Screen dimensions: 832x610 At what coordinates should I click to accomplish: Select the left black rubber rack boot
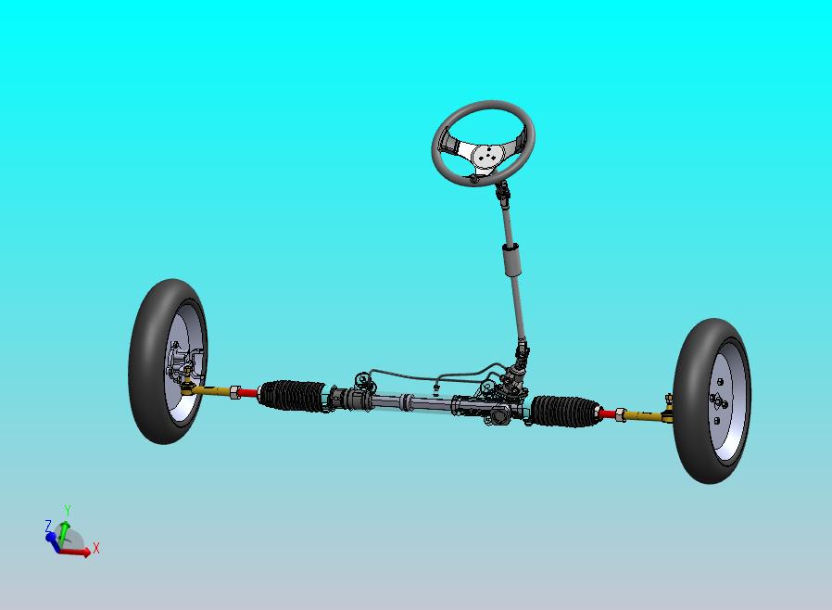pyautogui.click(x=292, y=396)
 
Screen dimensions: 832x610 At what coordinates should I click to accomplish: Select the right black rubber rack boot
pyautogui.click(x=564, y=411)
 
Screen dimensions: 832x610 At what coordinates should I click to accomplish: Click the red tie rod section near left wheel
pyautogui.click(x=248, y=393)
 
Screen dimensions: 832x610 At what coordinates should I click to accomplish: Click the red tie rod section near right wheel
pyautogui.click(x=608, y=413)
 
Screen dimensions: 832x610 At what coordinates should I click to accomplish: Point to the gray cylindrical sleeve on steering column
pyautogui.click(x=511, y=260)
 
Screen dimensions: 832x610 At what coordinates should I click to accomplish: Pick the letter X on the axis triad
pyautogui.click(x=96, y=548)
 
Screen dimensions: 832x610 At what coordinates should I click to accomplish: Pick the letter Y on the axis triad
pyautogui.click(x=68, y=511)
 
